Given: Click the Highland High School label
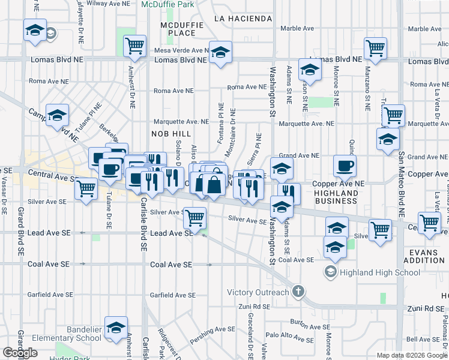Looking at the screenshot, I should pos(380,272).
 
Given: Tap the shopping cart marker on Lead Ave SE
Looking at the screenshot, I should pos(194,217).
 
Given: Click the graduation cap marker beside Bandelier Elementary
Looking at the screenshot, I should pos(116,327).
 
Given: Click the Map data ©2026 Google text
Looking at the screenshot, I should pos(412,355).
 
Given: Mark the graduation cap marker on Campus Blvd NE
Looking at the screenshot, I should pos(57,115).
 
